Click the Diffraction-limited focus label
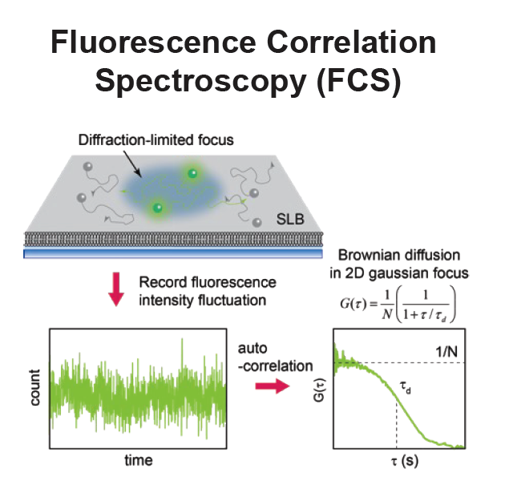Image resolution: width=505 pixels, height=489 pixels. click(156, 140)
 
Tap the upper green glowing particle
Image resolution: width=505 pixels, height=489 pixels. click(192, 173)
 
